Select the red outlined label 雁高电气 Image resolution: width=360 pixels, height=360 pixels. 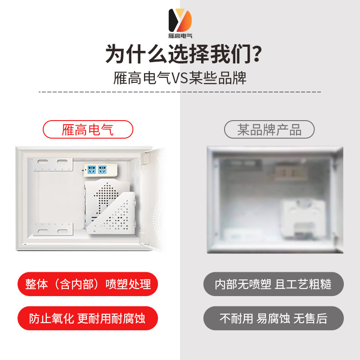[x=88, y=130]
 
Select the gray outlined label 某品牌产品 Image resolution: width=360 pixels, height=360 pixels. [x=269, y=130]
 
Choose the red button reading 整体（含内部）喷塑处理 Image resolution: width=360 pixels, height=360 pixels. [x=88, y=284]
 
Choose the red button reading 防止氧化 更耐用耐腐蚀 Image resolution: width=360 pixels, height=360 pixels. [x=88, y=319]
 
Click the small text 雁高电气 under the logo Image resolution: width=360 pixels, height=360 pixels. [x=180, y=36]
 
